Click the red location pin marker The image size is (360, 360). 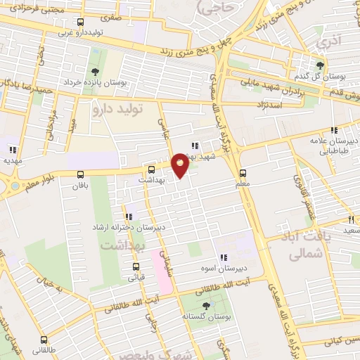181,164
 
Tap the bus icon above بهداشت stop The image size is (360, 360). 152,169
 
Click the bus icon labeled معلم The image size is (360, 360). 243,173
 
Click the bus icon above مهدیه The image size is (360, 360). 13,149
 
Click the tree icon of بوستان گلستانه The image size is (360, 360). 205,305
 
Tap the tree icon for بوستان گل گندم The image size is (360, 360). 320,65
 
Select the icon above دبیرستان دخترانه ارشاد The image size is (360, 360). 128,217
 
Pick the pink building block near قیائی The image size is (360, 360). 162,270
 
